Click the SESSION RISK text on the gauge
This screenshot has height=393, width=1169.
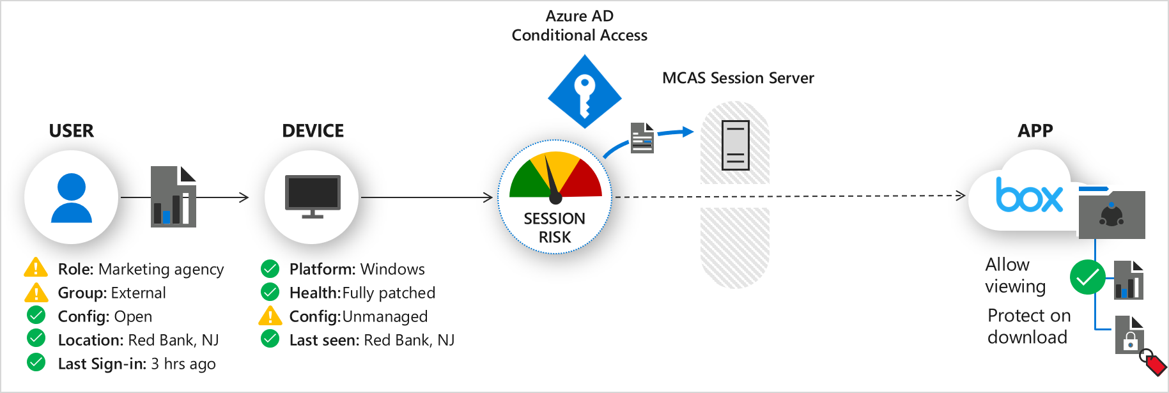point(555,227)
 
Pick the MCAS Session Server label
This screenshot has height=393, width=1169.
point(738,78)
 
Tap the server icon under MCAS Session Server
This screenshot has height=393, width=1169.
point(735,145)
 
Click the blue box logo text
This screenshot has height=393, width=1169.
point(1029,195)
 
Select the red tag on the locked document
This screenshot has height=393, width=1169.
point(1154,364)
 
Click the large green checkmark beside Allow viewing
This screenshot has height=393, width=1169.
point(1087,277)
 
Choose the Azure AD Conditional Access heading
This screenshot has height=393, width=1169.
point(579,26)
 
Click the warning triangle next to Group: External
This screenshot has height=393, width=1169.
point(36,293)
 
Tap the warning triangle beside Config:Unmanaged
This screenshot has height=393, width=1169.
point(270,316)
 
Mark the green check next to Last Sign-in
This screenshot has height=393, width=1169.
point(36,363)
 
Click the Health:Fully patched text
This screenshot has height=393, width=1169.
point(362,293)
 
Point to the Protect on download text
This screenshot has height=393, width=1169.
point(1028,326)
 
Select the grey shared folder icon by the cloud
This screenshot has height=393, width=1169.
point(1111,214)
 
